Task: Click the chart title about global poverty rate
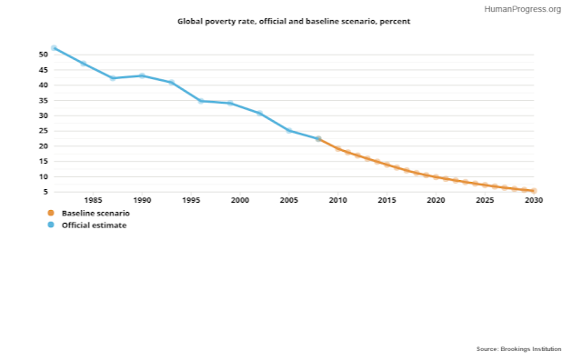coord(294,22)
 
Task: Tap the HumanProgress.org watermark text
coord(523,9)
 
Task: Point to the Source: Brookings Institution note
coord(519,349)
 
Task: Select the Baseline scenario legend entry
coord(89,213)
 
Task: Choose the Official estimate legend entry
coord(87,225)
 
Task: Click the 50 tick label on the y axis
coord(44,55)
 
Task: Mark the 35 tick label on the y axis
coord(44,100)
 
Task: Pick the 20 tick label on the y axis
coord(44,145)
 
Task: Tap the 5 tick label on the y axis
coord(45,192)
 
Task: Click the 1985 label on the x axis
coord(93,200)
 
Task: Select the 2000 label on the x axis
coord(240,200)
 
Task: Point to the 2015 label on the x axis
coord(386,200)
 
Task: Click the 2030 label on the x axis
coord(534,200)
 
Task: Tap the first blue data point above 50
coord(54,48)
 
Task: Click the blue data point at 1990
coord(142,75)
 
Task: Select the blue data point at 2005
coord(289,131)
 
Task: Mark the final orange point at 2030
coord(534,191)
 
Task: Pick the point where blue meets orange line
coord(318,139)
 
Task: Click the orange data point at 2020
coord(436,177)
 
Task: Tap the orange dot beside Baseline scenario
coord(51,213)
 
